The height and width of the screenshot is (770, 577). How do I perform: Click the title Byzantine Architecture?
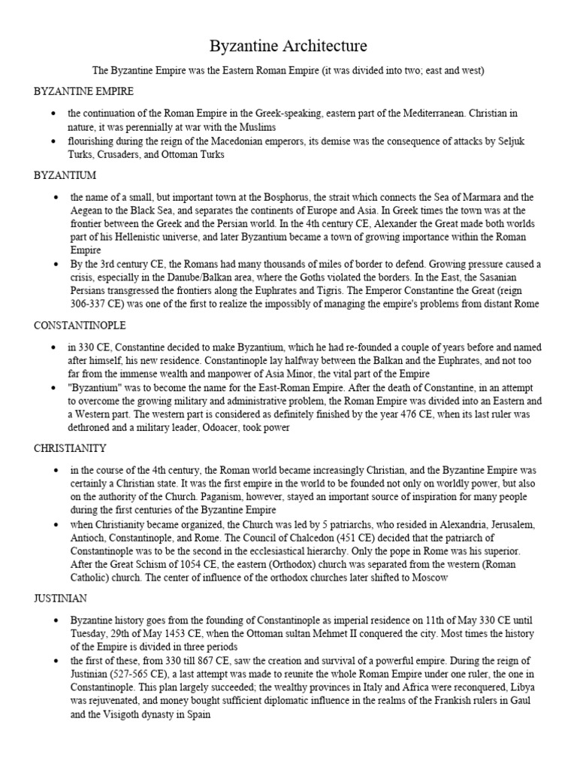pos(288,47)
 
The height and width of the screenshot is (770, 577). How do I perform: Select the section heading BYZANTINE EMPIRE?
pos(83,91)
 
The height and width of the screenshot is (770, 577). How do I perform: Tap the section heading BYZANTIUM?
pos(65,174)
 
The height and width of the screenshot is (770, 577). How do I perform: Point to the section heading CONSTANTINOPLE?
pos(80,326)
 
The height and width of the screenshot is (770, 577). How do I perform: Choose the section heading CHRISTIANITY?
pos(70,447)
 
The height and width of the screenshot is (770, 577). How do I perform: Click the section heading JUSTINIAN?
pos(61,599)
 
